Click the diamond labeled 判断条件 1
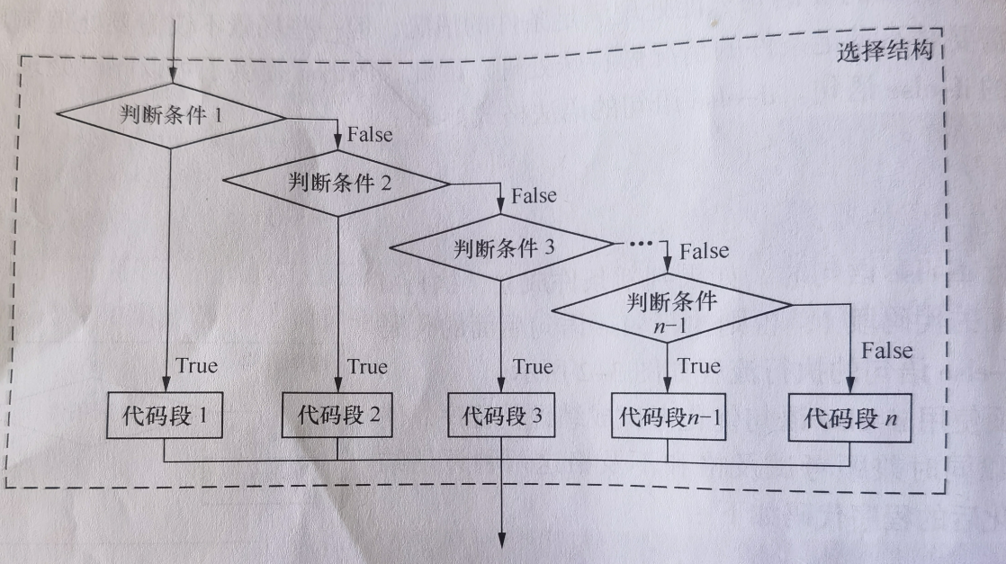tap(170, 116)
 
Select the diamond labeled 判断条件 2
tap(337, 184)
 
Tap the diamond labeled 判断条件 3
tap(501, 246)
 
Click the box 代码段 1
tap(164, 417)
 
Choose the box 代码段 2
tap(337, 416)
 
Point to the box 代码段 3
tap(502, 417)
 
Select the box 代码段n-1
tap(668, 417)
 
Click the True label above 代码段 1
tap(197, 366)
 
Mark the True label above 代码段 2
tap(367, 366)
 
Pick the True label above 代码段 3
tap(533, 366)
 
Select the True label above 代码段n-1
tap(699, 366)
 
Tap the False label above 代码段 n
tap(886, 350)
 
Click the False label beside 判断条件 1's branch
tap(369, 134)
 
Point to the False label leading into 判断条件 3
tap(534, 195)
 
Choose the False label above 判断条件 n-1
tap(705, 251)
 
